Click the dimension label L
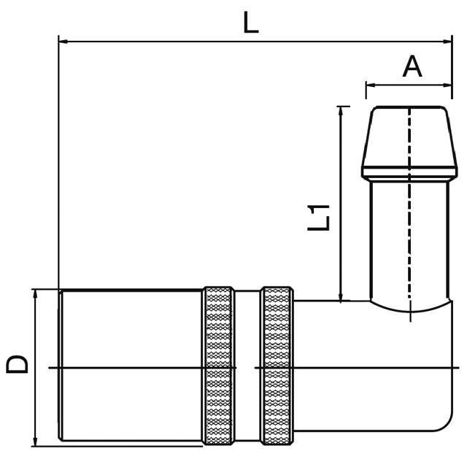(250, 23)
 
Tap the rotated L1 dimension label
(320, 218)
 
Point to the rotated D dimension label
(18, 363)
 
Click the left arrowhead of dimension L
(63, 42)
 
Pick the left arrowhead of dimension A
(370, 85)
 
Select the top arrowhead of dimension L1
(340, 111)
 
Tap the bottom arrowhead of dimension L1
(340, 296)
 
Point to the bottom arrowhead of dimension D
(34, 442)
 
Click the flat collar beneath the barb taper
(409, 174)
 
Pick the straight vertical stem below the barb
(409, 241)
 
